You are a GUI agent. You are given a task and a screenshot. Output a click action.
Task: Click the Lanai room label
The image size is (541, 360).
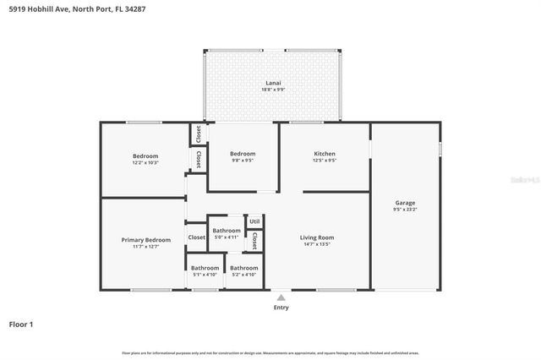(271, 83)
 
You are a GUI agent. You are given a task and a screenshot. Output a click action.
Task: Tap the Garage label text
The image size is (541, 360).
(405, 203)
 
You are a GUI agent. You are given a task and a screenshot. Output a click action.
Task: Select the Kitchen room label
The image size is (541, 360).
(325, 154)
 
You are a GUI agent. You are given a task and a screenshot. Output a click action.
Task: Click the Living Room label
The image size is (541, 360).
(317, 237)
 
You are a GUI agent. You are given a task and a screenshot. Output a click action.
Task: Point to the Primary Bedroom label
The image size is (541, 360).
(145, 240)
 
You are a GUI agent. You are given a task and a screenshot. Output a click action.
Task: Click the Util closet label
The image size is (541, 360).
(254, 221)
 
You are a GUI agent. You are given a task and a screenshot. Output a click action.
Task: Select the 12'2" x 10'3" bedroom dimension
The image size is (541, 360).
(145, 162)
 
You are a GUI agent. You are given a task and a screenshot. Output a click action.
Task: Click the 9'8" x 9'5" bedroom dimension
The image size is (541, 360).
(243, 160)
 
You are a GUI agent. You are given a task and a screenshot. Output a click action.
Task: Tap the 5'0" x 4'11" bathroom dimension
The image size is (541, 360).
(226, 237)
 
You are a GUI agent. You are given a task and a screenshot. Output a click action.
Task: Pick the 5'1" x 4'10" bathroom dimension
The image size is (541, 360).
(204, 275)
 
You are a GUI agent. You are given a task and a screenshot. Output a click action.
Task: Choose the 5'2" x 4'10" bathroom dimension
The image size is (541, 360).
(244, 275)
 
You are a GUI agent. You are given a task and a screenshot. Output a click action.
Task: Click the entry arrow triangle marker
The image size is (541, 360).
(281, 297)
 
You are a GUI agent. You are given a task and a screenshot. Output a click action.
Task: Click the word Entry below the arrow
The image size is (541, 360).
(281, 308)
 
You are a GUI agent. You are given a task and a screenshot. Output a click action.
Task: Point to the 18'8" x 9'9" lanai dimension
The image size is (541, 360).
(271, 90)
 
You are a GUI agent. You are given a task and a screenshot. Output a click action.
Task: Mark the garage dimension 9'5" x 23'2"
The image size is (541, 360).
(405, 210)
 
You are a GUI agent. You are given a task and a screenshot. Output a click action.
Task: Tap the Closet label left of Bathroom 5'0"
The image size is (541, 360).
(196, 237)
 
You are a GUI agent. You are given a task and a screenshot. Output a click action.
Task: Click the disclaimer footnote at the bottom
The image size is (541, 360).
(270, 352)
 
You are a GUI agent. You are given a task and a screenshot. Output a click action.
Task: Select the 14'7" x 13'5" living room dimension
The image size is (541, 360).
(317, 244)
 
